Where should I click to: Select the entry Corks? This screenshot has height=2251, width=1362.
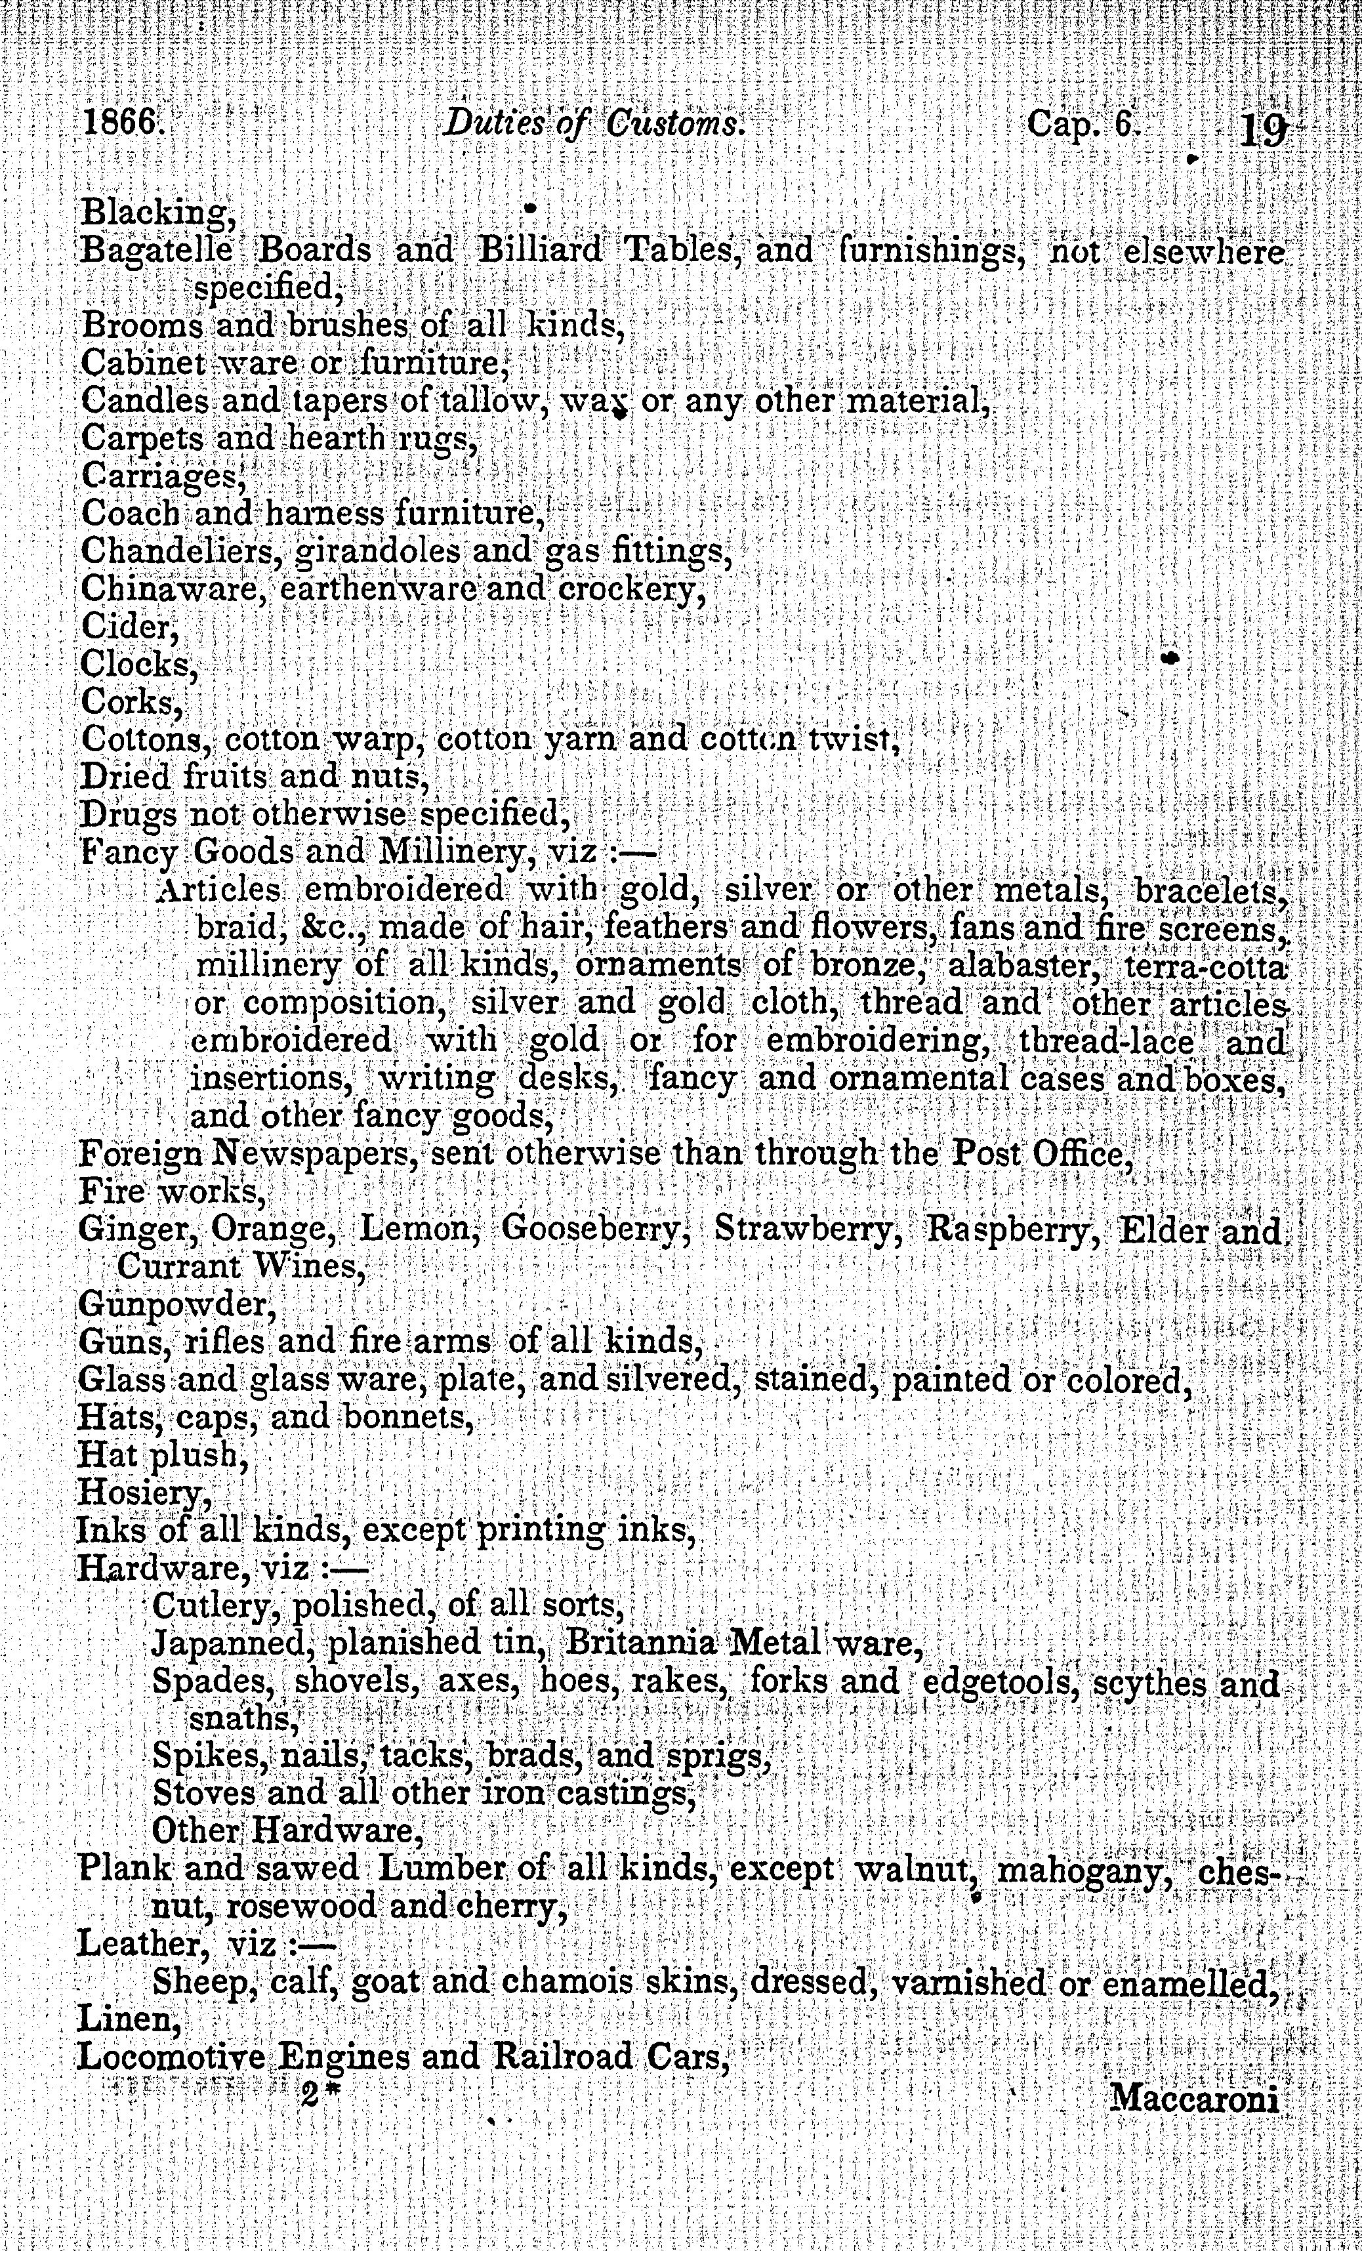[x=131, y=701]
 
